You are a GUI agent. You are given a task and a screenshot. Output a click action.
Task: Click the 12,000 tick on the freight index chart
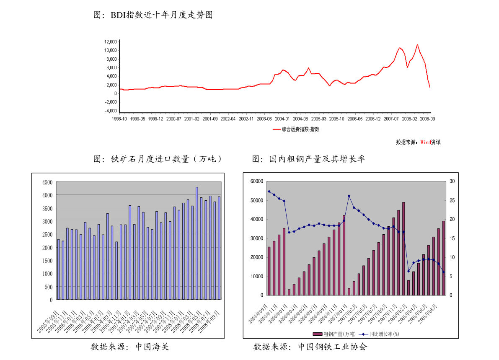111,42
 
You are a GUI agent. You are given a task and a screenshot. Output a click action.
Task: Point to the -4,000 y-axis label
111,111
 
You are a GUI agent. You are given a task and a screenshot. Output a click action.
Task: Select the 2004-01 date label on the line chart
283,119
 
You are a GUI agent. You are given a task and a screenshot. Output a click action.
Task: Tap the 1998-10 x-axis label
119,119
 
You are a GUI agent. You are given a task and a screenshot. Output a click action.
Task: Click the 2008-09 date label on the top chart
428,119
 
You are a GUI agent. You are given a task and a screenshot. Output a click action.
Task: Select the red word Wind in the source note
425,142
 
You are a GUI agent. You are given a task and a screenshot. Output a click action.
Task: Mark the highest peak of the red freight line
417,44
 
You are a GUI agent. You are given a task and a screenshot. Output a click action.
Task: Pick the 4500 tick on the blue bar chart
47,182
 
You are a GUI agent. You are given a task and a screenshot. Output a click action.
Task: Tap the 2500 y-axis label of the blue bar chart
47,235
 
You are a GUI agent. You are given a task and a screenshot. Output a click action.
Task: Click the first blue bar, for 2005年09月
59,269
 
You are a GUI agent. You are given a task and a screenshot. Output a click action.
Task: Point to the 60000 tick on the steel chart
256,181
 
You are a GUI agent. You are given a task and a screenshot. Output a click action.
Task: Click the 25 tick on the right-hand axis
451,201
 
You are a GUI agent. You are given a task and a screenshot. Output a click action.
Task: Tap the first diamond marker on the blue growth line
269,192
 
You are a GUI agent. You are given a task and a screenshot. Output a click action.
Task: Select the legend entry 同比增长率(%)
379,334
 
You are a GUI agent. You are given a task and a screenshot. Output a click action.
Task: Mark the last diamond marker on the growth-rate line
443,272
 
